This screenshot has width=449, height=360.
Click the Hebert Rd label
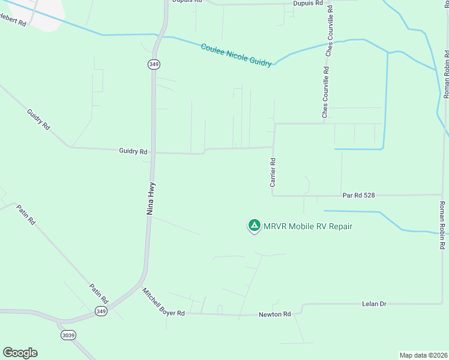pos(13,21)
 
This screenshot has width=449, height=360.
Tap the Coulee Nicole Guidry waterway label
pos(236,55)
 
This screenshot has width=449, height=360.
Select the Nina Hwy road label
pos(151,198)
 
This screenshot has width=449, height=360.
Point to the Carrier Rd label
pos(273,172)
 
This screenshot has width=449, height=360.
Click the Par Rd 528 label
pos(358,196)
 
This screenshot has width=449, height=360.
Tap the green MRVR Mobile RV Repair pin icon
pos(254,226)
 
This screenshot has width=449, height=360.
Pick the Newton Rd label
pos(274,314)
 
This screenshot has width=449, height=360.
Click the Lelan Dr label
pos(374,304)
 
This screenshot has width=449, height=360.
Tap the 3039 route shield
pos(68,335)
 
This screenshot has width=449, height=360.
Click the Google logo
pos(20,353)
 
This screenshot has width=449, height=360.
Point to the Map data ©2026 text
pos(423,355)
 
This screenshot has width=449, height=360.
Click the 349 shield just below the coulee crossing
pos(154,64)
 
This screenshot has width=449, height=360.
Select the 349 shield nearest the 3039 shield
pos(101,311)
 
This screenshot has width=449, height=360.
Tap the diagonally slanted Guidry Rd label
pos(37,121)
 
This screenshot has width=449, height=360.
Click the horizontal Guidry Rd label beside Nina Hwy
pos(133,152)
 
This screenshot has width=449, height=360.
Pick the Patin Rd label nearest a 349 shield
pos(99,293)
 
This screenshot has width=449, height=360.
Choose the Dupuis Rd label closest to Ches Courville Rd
pos(308,3)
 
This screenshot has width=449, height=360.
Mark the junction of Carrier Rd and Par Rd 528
pos(274,195)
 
